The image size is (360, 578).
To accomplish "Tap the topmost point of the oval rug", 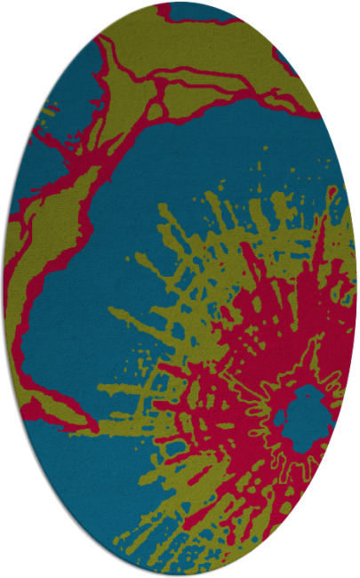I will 180,4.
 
